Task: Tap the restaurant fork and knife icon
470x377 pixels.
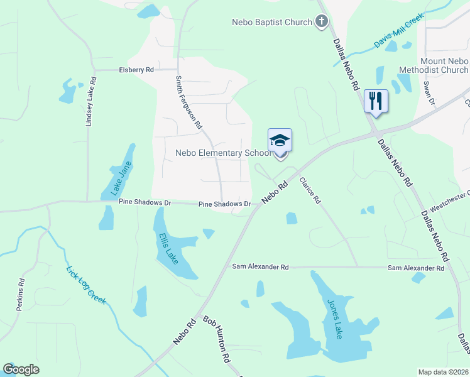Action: pyautogui.click(x=376, y=101)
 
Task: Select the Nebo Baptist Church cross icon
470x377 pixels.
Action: pyautogui.click(x=321, y=22)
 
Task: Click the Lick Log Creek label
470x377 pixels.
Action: pyautogui.click(x=86, y=286)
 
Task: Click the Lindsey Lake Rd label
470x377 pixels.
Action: pyautogui.click(x=90, y=101)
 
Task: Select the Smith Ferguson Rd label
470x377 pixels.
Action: pyautogui.click(x=188, y=102)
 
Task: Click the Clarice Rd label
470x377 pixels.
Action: pyautogui.click(x=310, y=190)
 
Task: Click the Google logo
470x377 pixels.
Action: pyautogui.click(x=21, y=369)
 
